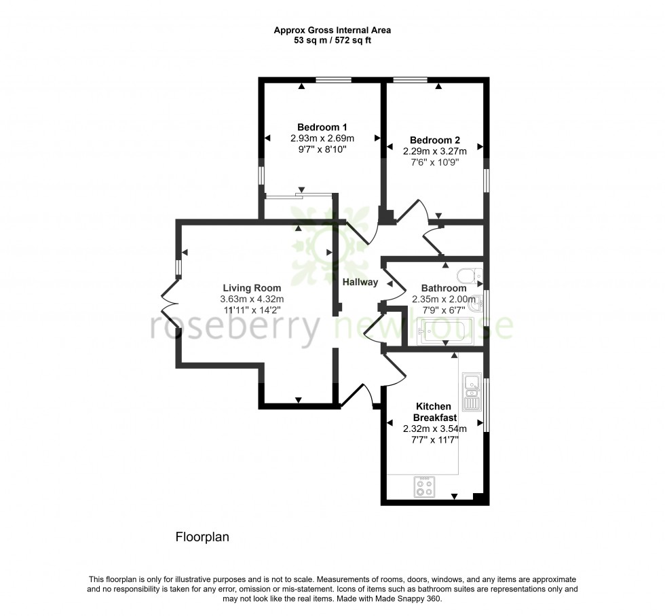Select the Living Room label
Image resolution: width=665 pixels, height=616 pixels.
tap(251, 287)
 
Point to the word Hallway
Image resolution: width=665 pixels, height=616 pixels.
tap(360, 282)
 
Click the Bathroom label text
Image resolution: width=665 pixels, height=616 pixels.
tap(444, 287)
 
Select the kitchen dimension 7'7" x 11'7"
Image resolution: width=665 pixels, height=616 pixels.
tap(434, 439)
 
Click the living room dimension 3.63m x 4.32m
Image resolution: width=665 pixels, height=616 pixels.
tap(251, 299)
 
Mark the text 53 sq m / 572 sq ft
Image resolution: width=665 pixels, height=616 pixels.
tap(332, 40)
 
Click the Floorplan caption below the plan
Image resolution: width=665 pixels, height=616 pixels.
tap(202, 537)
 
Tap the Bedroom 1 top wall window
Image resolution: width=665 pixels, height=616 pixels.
tap(333, 80)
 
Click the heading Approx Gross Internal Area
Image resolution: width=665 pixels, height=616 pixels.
tap(332, 30)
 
